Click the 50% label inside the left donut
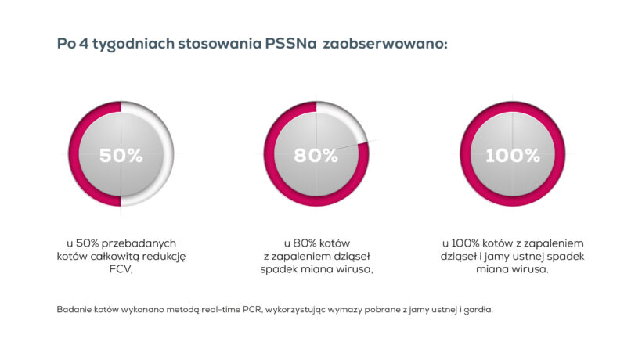point(121,155)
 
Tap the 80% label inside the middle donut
point(316,155)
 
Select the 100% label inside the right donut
point(512,155)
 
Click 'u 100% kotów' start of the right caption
point(477,243)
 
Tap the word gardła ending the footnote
point(477,309)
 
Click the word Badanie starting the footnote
point(74,309)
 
